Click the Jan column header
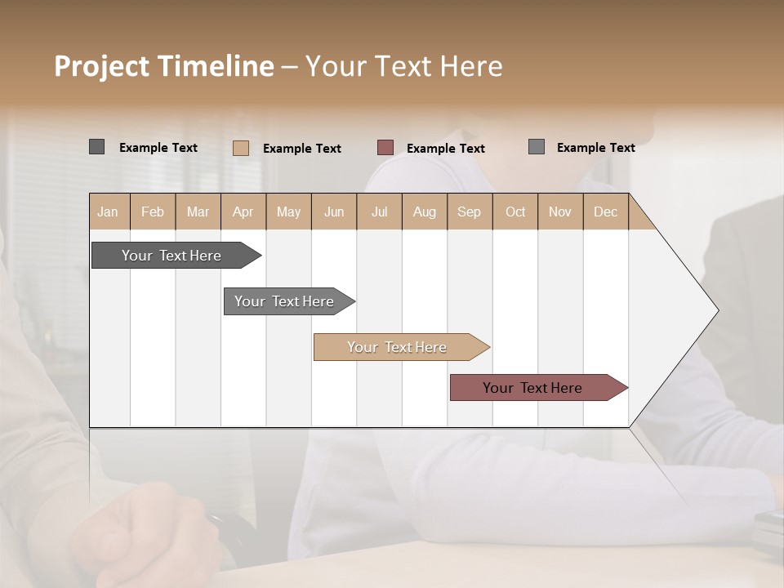108,212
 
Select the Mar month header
198,212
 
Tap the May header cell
288,212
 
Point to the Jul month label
379,212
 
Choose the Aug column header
425,212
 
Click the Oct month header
515,212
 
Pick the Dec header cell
605,212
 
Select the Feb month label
153,212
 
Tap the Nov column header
560,212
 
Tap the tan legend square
241,148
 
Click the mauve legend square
385,147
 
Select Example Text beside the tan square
302,149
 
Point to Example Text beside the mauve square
446,149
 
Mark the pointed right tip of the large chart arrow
717,310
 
